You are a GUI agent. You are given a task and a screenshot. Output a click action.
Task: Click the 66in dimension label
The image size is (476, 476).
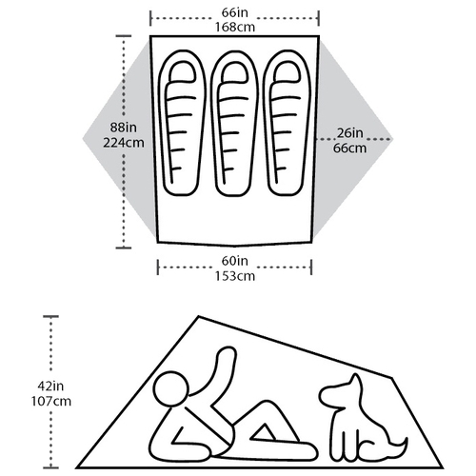point(235,12)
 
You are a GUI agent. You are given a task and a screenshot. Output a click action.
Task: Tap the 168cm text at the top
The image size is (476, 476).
point(235,27)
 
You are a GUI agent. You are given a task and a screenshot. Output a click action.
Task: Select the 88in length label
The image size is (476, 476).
point(124,128)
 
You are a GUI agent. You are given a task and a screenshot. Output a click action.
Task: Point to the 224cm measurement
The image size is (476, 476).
point(124,143)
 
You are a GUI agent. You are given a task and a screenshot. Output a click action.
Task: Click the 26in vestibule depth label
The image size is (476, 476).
point(349,133)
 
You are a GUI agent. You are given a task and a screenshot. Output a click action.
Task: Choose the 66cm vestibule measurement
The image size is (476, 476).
point(349,149)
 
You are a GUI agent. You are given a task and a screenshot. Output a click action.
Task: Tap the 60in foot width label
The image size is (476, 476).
point(235,261)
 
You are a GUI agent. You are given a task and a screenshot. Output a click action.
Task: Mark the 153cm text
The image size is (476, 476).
point(235,276)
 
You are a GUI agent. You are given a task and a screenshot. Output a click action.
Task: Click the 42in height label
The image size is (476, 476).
point(50,387)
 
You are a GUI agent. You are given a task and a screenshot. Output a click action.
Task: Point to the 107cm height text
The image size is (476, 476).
point(50,401)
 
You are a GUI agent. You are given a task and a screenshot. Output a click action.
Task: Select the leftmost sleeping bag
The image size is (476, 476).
point(182,123)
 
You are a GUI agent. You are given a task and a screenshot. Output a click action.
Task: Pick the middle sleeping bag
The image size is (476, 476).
point(235,123)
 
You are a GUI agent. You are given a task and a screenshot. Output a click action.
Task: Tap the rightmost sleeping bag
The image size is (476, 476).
point(287,123)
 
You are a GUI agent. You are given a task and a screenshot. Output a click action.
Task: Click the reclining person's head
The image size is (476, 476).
point(171,388)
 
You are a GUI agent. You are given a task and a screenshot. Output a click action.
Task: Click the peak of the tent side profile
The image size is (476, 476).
point(199,316)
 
